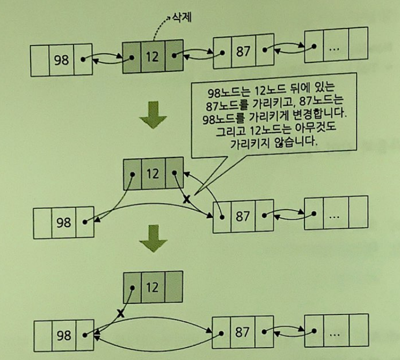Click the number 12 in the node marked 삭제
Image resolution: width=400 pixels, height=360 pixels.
[152, 56]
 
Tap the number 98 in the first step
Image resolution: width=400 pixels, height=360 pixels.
[62, 60]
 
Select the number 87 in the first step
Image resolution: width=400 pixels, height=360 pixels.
[243, 52]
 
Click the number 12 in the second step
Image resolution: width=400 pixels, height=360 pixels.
[153, 174]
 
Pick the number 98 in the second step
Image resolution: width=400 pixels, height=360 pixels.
[63, 222]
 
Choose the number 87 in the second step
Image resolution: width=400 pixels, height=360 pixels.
[243, 216]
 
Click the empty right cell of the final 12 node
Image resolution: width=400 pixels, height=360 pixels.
[173, 286]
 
